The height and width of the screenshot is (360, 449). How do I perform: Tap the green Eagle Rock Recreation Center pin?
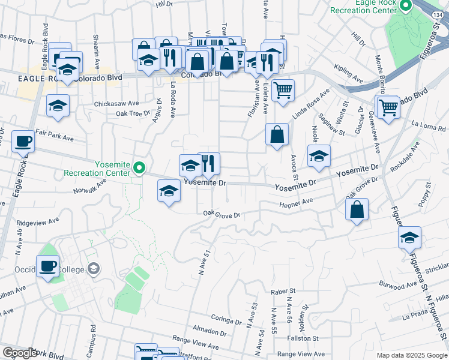point(405,7)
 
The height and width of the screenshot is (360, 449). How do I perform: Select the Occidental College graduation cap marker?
point(93,268)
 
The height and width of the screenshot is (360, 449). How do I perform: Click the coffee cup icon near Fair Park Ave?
point(23,142)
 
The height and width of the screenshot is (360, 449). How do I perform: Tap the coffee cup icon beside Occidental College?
point(47,266)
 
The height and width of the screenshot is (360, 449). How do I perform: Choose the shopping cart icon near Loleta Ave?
point(283,91)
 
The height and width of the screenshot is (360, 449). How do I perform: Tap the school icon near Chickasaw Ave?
point(59,106)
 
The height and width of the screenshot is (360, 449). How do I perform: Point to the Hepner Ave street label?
point(297,205)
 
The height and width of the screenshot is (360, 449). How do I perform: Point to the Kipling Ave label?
point(349,79)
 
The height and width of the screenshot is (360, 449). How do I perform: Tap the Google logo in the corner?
point(20,353)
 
